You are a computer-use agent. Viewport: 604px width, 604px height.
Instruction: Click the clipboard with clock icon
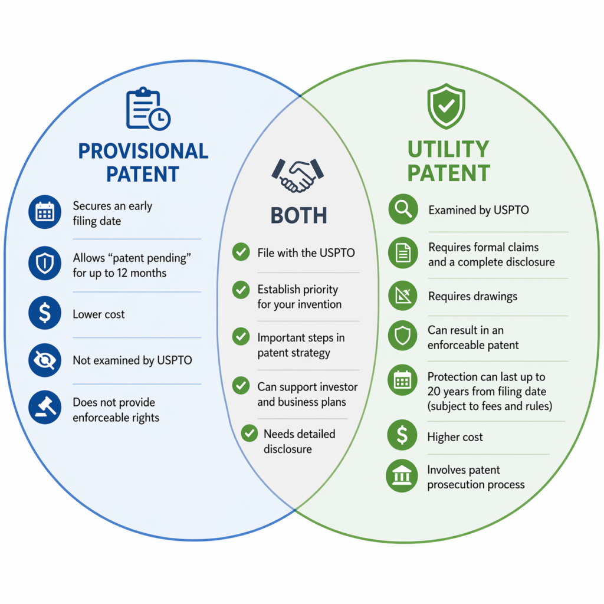point(148,109)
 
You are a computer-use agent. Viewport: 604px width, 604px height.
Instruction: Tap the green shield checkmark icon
point(446,106)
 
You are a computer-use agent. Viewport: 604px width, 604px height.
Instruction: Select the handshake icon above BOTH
point(297,175)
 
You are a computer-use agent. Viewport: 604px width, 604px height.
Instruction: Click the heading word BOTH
point(298,215)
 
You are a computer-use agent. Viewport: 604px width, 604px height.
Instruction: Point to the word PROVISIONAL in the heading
point(143,151)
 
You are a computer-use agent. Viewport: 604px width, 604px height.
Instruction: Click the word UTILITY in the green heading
point(448,149)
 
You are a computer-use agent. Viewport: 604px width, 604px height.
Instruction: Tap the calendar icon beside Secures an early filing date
point(45,212)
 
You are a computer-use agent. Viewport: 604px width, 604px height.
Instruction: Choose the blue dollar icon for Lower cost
point(45,313)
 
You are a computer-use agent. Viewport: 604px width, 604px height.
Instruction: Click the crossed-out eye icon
point(45,360)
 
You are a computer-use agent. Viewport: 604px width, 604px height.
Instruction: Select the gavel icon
point(45,407)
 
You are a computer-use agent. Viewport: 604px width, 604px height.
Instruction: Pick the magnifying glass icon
point(403,209)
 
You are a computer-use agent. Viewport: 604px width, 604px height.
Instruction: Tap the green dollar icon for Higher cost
point(402,435)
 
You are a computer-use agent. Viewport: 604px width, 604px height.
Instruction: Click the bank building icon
point(402,476)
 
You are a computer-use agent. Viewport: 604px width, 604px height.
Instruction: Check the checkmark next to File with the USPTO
point(241,252)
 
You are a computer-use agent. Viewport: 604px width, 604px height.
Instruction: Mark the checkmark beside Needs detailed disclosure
point(250,434)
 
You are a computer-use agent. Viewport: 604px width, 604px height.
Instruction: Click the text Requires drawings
point(472,296)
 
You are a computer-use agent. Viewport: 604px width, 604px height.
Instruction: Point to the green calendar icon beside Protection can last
point(402,380)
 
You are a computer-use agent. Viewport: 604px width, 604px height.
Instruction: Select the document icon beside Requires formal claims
point(403,253)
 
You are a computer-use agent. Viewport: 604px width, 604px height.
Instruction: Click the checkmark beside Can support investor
point(241,386)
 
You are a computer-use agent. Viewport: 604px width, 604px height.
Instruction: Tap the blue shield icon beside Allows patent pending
point(45,263)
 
